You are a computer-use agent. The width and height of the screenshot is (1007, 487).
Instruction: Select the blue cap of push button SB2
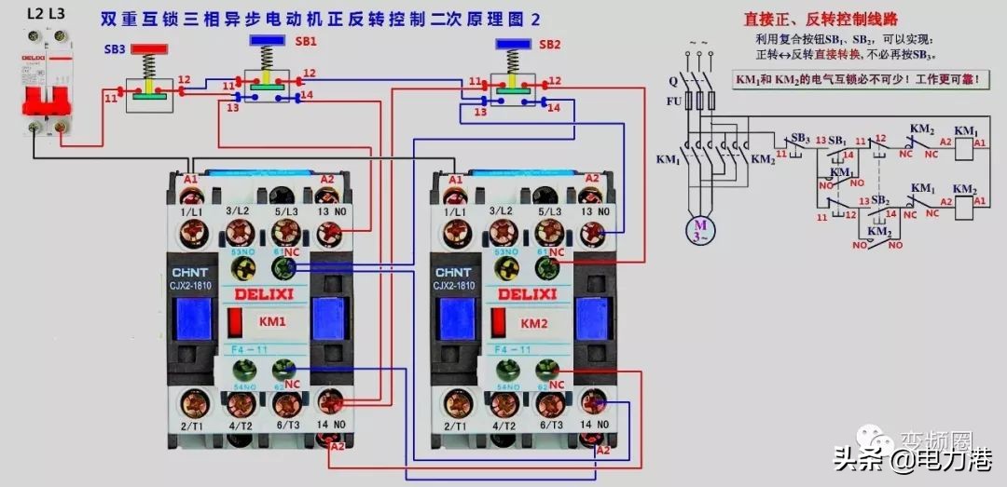[x=514, y=44]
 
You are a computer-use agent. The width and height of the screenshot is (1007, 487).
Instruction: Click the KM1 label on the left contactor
[x=273, y=323]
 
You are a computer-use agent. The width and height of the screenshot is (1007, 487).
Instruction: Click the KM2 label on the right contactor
[x=534, y=323]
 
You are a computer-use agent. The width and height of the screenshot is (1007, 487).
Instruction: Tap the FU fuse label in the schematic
[x=673, y=101]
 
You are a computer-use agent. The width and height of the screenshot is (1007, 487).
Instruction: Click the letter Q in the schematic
[x=673, y=80]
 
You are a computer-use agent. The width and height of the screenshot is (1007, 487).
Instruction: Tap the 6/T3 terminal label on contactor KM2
[x=547, y=426]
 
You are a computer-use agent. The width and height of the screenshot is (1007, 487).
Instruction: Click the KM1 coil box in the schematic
[x=979, y=142]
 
